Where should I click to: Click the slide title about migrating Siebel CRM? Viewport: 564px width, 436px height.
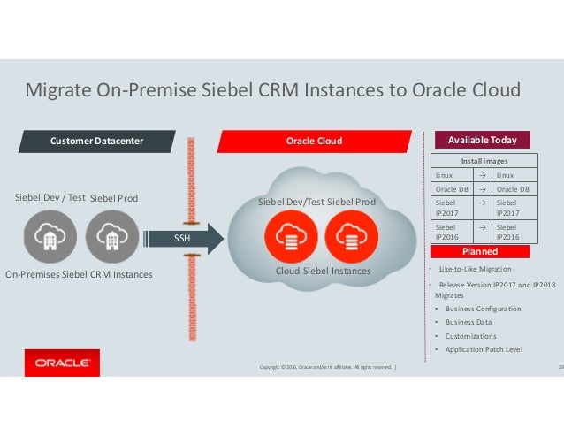pyautogui.click(x=272, y=90)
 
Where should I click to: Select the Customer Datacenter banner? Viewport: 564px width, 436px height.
pyautogui.click(x=96, y=141)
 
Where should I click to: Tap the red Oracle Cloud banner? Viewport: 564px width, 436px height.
pyautogui.click(x=314, y=141)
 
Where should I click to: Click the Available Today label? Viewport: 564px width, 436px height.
pyautogui.click(x=483, y=140)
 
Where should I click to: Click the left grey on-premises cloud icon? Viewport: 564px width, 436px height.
pyautogui.click(x=47, y=236)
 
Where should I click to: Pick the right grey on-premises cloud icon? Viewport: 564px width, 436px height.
pyautogui.click(x=111, y=236)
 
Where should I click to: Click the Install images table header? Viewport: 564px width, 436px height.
pyautogui.click(x=482, y=161)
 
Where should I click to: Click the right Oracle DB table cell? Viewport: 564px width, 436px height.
pyautogui.click(x=513, y=189)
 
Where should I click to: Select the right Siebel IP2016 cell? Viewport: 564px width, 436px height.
pyautogui.click(x=513, y=233)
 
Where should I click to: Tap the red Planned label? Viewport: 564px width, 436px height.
pyautogui.click(x=482, y=251)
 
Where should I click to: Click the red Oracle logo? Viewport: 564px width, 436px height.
pyautogui.click(x=61, y=363)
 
